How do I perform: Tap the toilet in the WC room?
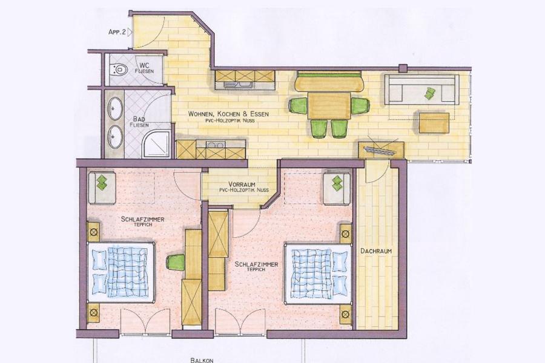click(117, 70)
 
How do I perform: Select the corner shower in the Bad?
click(157, 143)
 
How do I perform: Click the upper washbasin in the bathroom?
click(115, 109)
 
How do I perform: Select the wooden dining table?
click(329, 105)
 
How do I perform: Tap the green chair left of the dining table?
click(298, 105)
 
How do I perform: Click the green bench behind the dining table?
click(329, 81)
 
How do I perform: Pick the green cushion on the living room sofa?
click(429, 93)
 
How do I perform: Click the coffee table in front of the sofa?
click(434, 122)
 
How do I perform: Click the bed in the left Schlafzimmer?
click(121, 273)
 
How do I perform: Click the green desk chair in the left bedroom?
click(176, 263)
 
